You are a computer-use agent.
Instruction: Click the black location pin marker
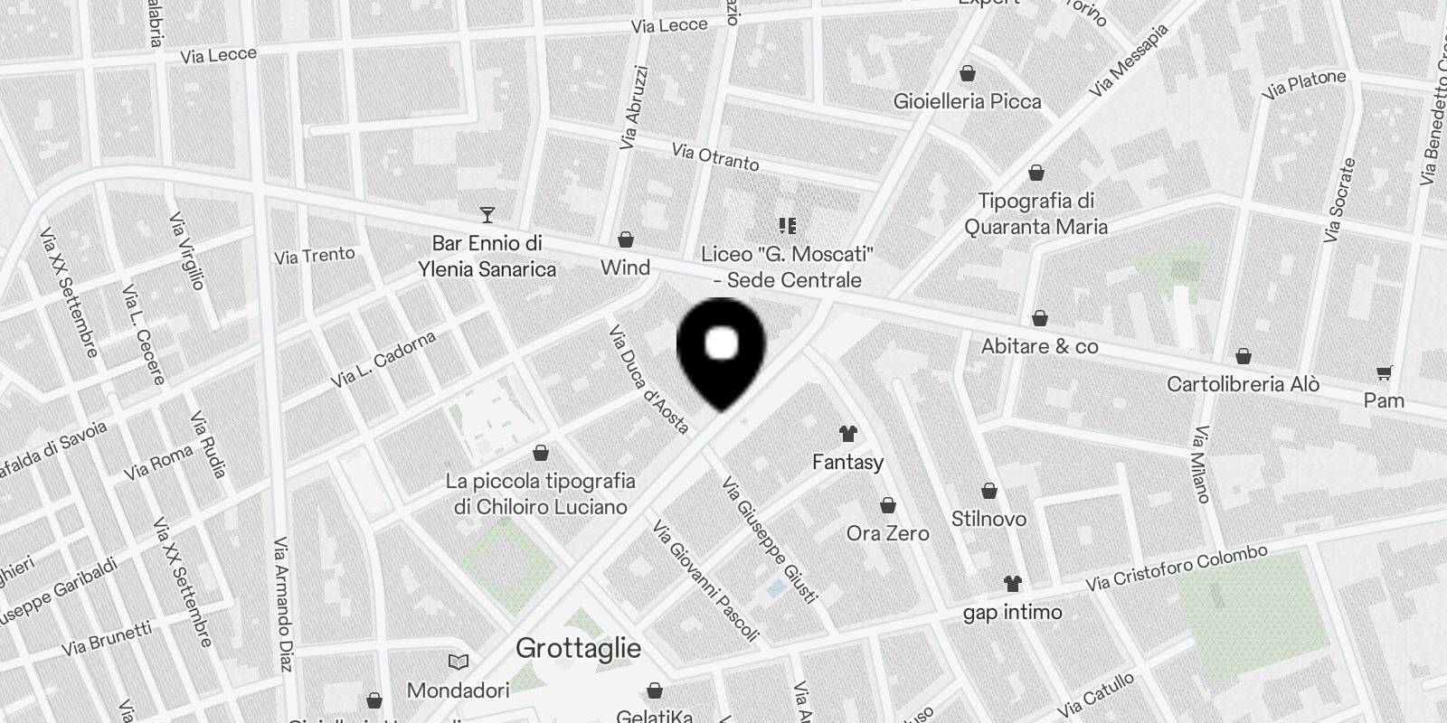tap(722, 348)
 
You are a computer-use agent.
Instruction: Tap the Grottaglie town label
tap(578, 648)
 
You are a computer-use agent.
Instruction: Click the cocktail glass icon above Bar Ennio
tap(487, 215)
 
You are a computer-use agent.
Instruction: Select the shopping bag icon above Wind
tap(625, 239)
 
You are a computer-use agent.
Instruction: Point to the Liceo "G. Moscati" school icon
tap(787, 225)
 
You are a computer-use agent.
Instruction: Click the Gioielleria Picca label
tap(967, 101)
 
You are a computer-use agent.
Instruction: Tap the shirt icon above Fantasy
tap(847, 434)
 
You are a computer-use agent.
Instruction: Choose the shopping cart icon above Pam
tap(1384, 372)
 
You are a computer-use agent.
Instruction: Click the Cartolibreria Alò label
tap(1243, 384)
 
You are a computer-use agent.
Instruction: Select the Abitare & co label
tap(1039, 346)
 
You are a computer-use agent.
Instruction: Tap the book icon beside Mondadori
tap(459, 662)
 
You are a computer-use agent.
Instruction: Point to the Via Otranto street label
tap(715, 156)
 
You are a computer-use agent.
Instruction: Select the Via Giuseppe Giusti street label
tap(770, 540)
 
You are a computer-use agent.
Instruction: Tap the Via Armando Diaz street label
tap(283, 605)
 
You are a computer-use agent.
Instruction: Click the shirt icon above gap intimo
tap(1012, 584)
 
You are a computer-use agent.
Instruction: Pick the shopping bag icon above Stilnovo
tap(989, 491)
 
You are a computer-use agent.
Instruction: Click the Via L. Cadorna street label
tap(383, 360)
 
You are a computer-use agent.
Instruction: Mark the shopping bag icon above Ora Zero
tap(888, 505)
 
